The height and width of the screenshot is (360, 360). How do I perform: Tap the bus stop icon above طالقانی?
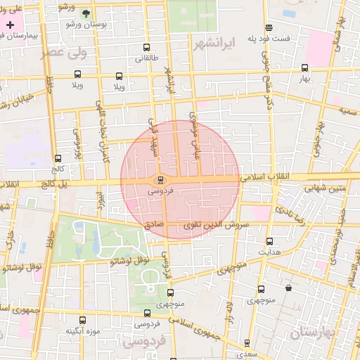[146, 48]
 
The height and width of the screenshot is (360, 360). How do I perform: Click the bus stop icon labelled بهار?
[304, 68]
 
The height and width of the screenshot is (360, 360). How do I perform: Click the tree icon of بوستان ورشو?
[86, 13]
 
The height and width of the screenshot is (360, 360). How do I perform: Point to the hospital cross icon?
[9, 25]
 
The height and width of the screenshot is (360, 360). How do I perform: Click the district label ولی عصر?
[55, 52]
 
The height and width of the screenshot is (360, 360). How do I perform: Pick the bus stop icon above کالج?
[58, 158]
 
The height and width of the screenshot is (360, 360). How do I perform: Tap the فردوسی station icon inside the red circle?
[159, 180]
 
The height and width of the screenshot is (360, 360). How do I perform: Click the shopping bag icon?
[288, 288]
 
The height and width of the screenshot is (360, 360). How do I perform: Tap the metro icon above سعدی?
[247, 342]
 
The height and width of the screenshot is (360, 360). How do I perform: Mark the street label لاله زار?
[228, 312]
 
